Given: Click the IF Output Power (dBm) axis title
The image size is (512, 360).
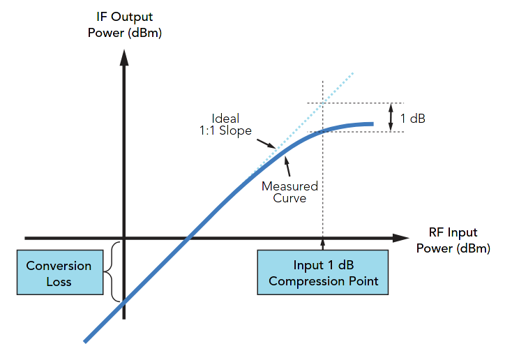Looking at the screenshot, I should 124,24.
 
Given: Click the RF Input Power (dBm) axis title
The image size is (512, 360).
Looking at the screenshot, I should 453,241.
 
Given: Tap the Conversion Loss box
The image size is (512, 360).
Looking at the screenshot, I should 59,273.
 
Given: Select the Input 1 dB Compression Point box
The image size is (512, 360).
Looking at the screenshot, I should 323,273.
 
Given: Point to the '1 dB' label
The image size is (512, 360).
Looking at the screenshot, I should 412,119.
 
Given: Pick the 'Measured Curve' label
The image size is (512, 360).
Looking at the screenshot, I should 289,192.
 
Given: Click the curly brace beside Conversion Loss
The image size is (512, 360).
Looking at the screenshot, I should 111,271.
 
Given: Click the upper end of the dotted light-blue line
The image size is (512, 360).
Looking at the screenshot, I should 354,73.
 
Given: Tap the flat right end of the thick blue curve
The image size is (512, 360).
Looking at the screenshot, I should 372,124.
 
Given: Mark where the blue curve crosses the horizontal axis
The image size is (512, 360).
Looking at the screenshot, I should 188,238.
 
